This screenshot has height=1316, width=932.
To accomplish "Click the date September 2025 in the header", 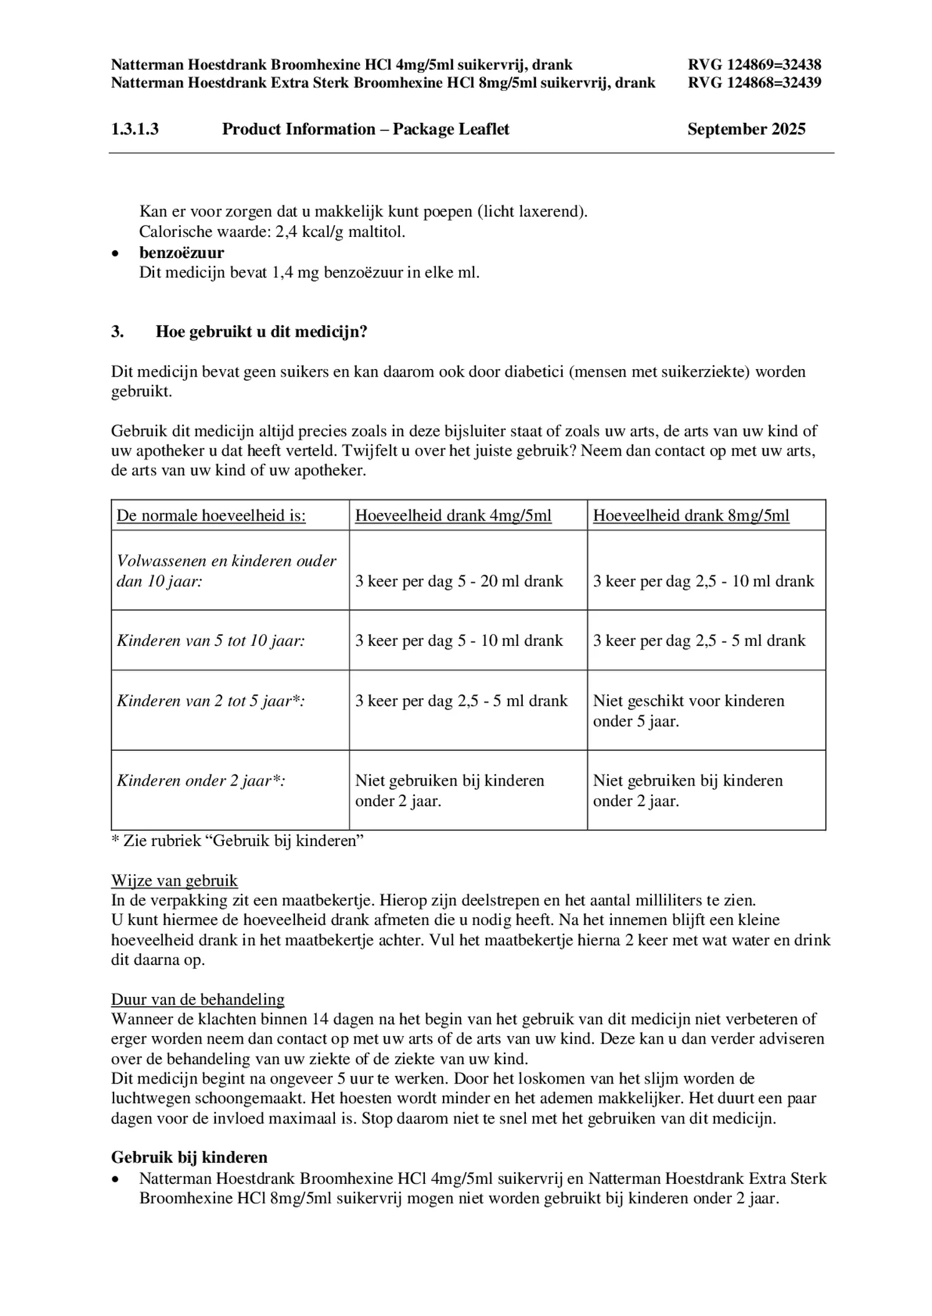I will pyautogui.click(x=745, y=129).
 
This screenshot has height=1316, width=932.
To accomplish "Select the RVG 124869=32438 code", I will pyautogui.click(x=754, y=65).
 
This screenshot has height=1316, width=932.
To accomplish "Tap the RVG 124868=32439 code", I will pyautogui.click(x=754, y=82).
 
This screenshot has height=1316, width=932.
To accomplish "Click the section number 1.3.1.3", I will pyautogui.click(x=135, y=129).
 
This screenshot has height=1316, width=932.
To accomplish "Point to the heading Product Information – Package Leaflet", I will pyautogui.click(x=366, y=129).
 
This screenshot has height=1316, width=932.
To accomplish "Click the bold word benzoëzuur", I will pyautogui.click(x=182, y=252).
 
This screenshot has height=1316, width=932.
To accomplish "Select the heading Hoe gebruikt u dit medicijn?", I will pyautogui.click(x=261, y=332).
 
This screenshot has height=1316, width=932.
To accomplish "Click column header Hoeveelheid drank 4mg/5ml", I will pyautogui.click(x=453, y=516).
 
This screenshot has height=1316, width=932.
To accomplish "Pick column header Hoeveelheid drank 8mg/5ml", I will pyautogui.click(x=691, y=516).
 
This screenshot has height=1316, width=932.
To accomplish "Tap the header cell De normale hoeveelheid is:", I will pyautogui.click(x=211, y=516).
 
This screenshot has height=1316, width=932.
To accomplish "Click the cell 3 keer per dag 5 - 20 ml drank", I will pyautogui.click(x=459, y=581).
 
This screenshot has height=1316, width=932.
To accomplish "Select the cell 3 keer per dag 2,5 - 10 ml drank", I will pyautogui.click(x=703, y=581).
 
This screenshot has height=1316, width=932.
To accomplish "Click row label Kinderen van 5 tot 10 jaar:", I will pyautogui.click(x=211, y=641).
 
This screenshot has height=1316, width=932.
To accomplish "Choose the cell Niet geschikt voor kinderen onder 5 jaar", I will pyautogui.click(x=688, y=711).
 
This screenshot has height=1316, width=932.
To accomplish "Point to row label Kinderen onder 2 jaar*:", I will pyautogui.click(x=201, y=780).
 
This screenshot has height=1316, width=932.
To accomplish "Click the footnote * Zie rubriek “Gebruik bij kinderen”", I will pyautogui.click(x=237, y=840).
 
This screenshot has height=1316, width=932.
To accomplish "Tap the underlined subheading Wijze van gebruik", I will pyautogui.click(x=174, y=880).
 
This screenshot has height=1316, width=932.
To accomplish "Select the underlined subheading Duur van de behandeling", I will pyautogui.click(x=197, y=999).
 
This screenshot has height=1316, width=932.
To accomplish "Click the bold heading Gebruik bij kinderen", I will pyautogui.click(x=189, y=1157).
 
